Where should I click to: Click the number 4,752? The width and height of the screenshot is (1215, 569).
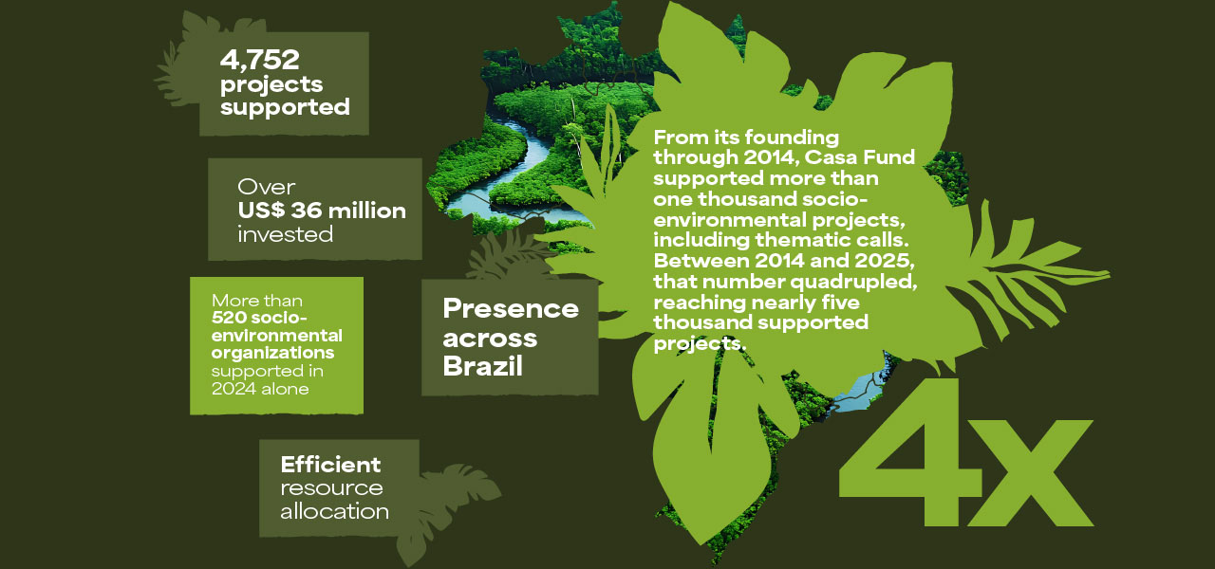(259, 60)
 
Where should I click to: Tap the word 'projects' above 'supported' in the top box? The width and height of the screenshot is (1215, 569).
(271, 85)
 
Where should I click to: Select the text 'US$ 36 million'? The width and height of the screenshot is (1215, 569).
(322, 211)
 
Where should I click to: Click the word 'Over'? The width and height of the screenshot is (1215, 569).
(267, 187)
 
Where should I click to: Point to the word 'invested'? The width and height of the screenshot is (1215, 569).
(286, 234)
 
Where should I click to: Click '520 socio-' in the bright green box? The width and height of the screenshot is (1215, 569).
(259, 318)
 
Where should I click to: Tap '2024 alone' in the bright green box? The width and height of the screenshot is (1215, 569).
(260, 389)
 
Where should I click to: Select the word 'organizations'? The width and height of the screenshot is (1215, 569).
(272, 354)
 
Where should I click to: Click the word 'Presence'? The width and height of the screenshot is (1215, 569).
(511, 309)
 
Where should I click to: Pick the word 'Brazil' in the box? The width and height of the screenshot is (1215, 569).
(482, 366)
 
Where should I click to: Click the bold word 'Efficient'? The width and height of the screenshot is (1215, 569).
(330, 465)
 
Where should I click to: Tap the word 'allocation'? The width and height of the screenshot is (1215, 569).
(334, 511)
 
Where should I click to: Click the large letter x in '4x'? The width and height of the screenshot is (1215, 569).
(1030, 472)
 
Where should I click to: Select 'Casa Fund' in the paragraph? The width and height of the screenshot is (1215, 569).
(860, 157)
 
